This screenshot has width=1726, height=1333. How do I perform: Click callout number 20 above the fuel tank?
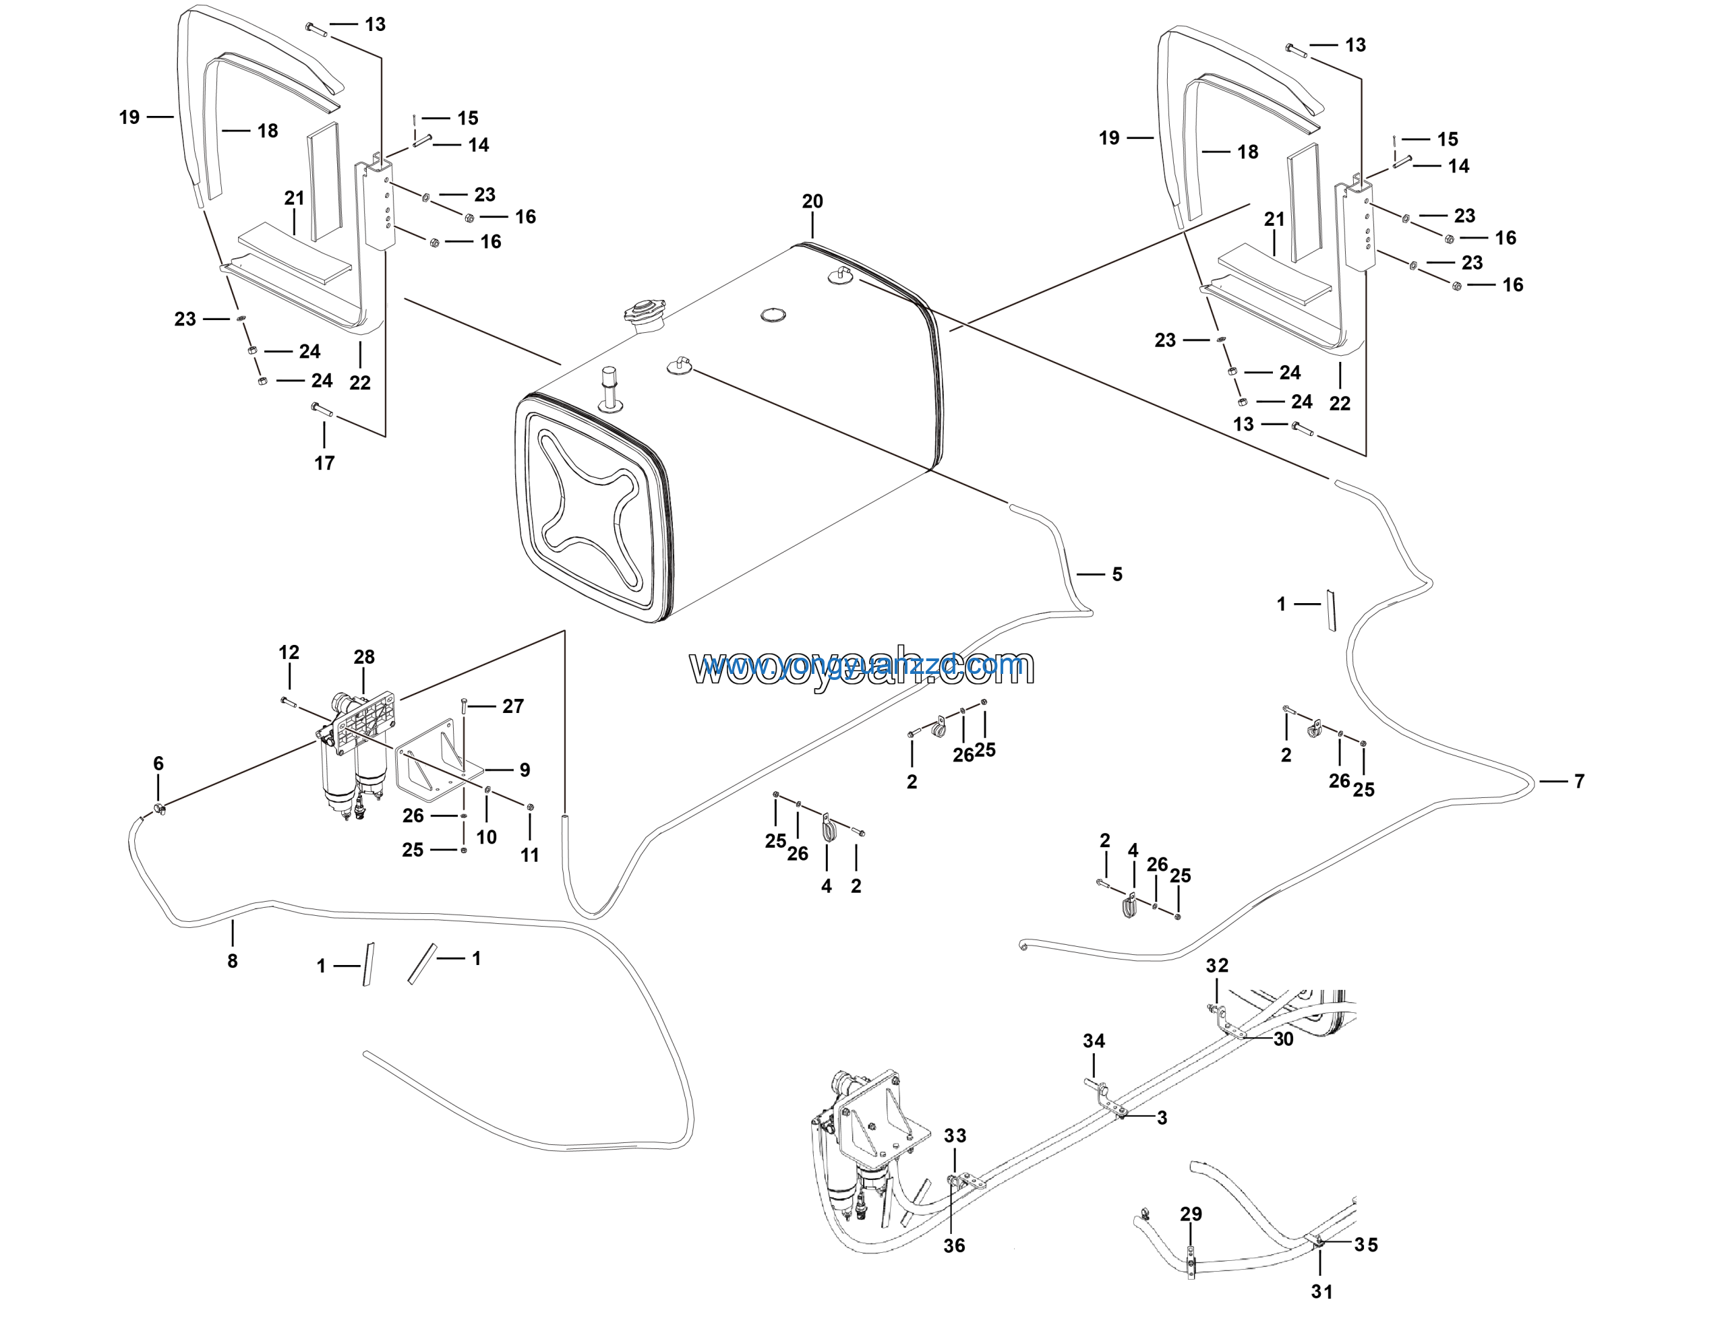coord(812,201)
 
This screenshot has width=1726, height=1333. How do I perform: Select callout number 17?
coord(324,463)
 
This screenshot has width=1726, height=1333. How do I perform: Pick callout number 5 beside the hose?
coord(1117,574)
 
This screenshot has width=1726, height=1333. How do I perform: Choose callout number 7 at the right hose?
coord(1579,782)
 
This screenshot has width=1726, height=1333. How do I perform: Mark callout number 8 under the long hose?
coord(233,961)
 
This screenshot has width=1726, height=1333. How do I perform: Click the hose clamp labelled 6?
coord(160,808)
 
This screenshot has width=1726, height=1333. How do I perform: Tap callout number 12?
coord(289,652)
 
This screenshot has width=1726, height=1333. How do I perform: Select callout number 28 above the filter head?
coord(364,658)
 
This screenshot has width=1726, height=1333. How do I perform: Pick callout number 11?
coord(529,855)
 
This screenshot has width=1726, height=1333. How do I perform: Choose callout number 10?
coord(487,837)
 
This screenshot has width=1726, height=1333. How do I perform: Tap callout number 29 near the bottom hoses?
coord(1191,1214)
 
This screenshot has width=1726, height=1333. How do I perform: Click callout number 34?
coord(1094,1041)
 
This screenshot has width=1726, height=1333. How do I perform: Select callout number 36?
coord(954,1245)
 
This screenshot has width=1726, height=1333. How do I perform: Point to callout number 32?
coord(1217,966)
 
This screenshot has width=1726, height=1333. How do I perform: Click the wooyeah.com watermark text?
coord(862,668)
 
